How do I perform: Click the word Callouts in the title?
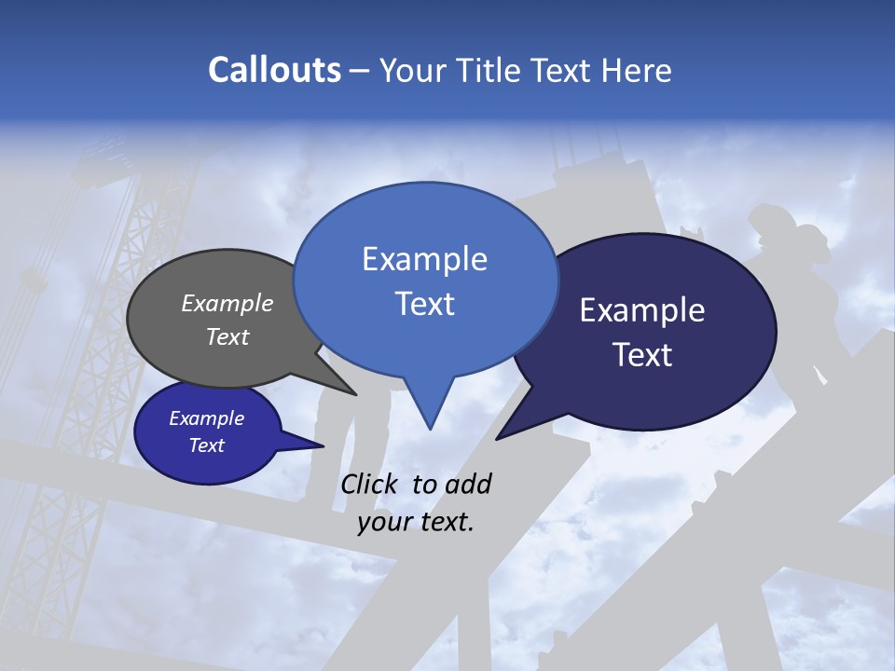pyautogui.click(x=274, y=70)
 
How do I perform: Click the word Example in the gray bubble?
pyautogui.click(x=227, y=304)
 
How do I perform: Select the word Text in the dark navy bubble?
pyautogui.click(x=642, y=355)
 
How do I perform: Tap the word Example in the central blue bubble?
pyautogui.click(x=424, y=259)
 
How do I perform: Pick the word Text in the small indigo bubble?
pyautogui.click(x=207, y=445)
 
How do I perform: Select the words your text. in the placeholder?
pyautogui.click(x=416, y=522)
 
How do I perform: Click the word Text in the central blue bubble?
pyautogui.click(x=424, y=304)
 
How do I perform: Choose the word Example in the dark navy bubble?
pyautogui.click(x=642, y=310)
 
